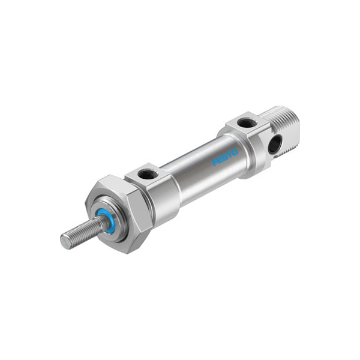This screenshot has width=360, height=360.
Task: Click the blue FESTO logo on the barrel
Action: pyautogui.click(x=225, y=157)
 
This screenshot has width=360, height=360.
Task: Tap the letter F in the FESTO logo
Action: pyautogui.click(x=215, y=163)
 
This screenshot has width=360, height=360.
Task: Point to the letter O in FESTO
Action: pyautogui.click(x=235, y=152)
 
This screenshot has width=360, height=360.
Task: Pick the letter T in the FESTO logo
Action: pyautogui.click(x=230, y=155)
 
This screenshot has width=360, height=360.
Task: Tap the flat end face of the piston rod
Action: pyautogui.click(x=65, y=241)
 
